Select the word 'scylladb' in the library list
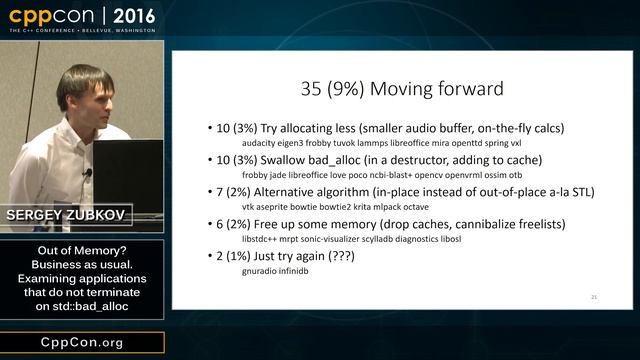[403, 239]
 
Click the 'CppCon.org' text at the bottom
[82, 343]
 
